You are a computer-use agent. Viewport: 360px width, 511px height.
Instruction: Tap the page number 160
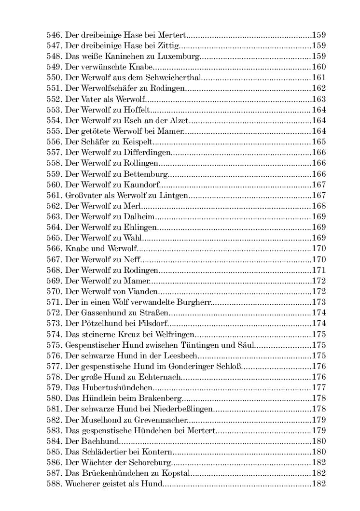(319, 67)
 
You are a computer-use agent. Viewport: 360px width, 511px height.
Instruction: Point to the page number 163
(319, 99)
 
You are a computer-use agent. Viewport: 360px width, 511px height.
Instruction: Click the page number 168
(319, 205)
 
